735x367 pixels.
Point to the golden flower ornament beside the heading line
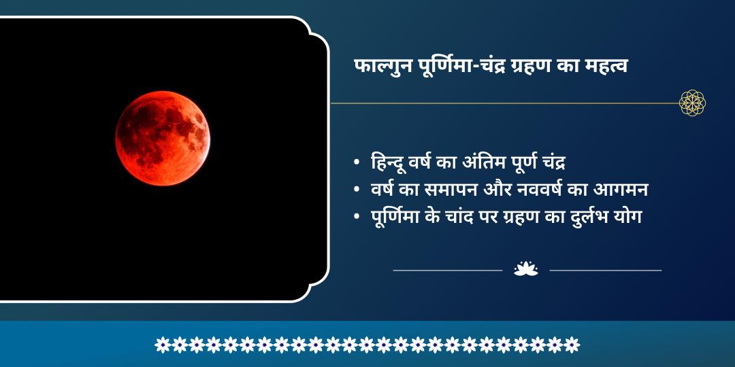click(692, 103)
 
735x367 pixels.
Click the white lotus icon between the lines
click(525, 269)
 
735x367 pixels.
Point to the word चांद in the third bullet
click(462, 217)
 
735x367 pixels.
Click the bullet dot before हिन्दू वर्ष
click(357, 164)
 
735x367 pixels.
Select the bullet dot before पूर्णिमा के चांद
click(357, 217)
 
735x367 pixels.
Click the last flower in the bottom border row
click(572, 345)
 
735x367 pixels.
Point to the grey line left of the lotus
click(447, 270)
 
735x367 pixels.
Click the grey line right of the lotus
click(605, 270)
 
